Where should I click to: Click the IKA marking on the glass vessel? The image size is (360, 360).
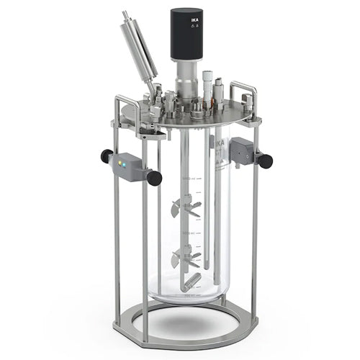click(x=216, y=144)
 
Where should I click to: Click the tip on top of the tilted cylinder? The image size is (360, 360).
click(x=126, y=15)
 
